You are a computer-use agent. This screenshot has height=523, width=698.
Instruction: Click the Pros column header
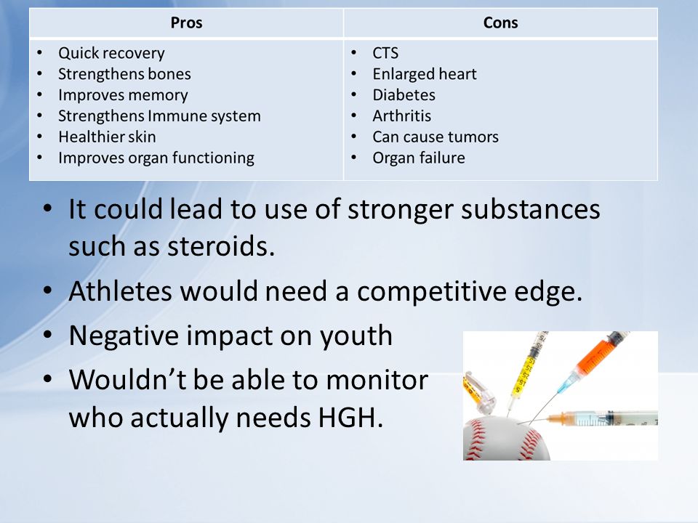[187, 23]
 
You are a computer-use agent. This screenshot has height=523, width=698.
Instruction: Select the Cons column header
[500, 23]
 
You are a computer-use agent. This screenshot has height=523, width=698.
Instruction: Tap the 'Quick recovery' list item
[111, 53]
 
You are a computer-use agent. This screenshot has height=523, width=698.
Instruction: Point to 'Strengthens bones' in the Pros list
[124, 74]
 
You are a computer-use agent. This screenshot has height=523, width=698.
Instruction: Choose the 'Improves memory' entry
[123, 95]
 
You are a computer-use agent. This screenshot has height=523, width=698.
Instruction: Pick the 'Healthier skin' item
[108, 137]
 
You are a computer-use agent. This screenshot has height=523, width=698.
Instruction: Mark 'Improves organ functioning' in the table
[156, 158]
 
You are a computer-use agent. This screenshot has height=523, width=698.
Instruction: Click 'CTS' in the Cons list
[385, 53]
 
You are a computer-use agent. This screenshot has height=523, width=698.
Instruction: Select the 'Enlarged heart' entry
[425, 74]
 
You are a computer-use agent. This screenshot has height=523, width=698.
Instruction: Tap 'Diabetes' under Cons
[404, 94]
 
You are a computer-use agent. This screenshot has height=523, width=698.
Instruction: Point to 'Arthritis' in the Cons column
[402, 115]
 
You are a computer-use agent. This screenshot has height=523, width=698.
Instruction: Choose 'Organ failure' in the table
[419, 158]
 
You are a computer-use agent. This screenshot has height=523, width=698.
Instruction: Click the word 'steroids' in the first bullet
[221, 246]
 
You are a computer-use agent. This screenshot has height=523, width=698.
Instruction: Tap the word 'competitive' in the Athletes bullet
[431, 292]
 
